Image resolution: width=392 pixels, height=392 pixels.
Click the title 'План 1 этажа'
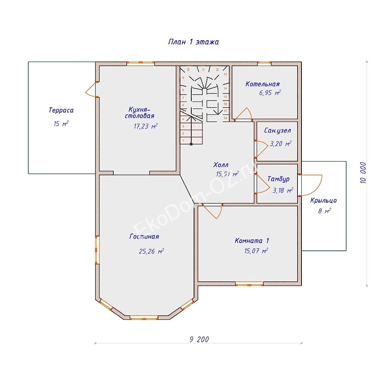pos(194,42)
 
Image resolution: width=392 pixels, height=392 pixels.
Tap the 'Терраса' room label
pos(61,110)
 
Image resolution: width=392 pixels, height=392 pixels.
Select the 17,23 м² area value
pos(145,126)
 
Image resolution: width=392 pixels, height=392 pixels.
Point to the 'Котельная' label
pos(263,84)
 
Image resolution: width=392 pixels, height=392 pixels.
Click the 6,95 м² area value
pos(270,93)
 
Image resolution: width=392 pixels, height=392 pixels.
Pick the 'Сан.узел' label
pos(278,131)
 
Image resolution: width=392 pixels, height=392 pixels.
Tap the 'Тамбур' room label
pos(278,179)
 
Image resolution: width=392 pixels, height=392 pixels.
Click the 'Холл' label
pos(221,165)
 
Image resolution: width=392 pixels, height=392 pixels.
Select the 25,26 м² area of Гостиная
pos(151,251)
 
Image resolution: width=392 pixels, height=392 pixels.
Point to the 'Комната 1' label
pos(252,241)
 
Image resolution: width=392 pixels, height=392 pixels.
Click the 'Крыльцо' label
pos(323,200)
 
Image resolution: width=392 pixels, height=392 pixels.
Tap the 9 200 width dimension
pos(199,339)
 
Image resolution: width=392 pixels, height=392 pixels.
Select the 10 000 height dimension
pos(363,173)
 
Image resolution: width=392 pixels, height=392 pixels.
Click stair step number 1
pos(183,140)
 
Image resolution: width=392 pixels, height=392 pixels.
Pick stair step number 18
pos(225,118)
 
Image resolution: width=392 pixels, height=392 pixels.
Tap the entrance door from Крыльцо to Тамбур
pos(312,185)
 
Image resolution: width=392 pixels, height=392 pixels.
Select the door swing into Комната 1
pos(212,211)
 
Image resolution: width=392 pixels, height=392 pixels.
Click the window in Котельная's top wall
pos(264,64)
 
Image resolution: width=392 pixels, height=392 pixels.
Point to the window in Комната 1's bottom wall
pos(249,284)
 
